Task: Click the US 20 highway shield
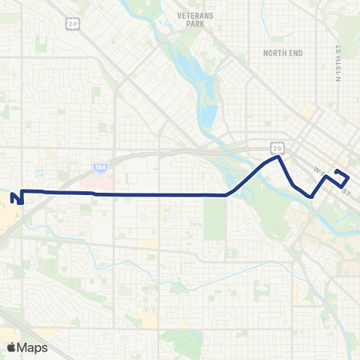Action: point(73,25)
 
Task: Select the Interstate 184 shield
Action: point(100,164)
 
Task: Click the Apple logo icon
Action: point(10,347)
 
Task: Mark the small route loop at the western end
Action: point(17,197)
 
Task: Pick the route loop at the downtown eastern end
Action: point(341,177)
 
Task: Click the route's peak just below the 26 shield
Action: point(278,157)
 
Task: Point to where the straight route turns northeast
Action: point(226,195)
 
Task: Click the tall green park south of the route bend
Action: point(214,217)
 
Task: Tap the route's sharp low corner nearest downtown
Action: point(311,196)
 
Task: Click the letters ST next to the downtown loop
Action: point(347,192)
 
